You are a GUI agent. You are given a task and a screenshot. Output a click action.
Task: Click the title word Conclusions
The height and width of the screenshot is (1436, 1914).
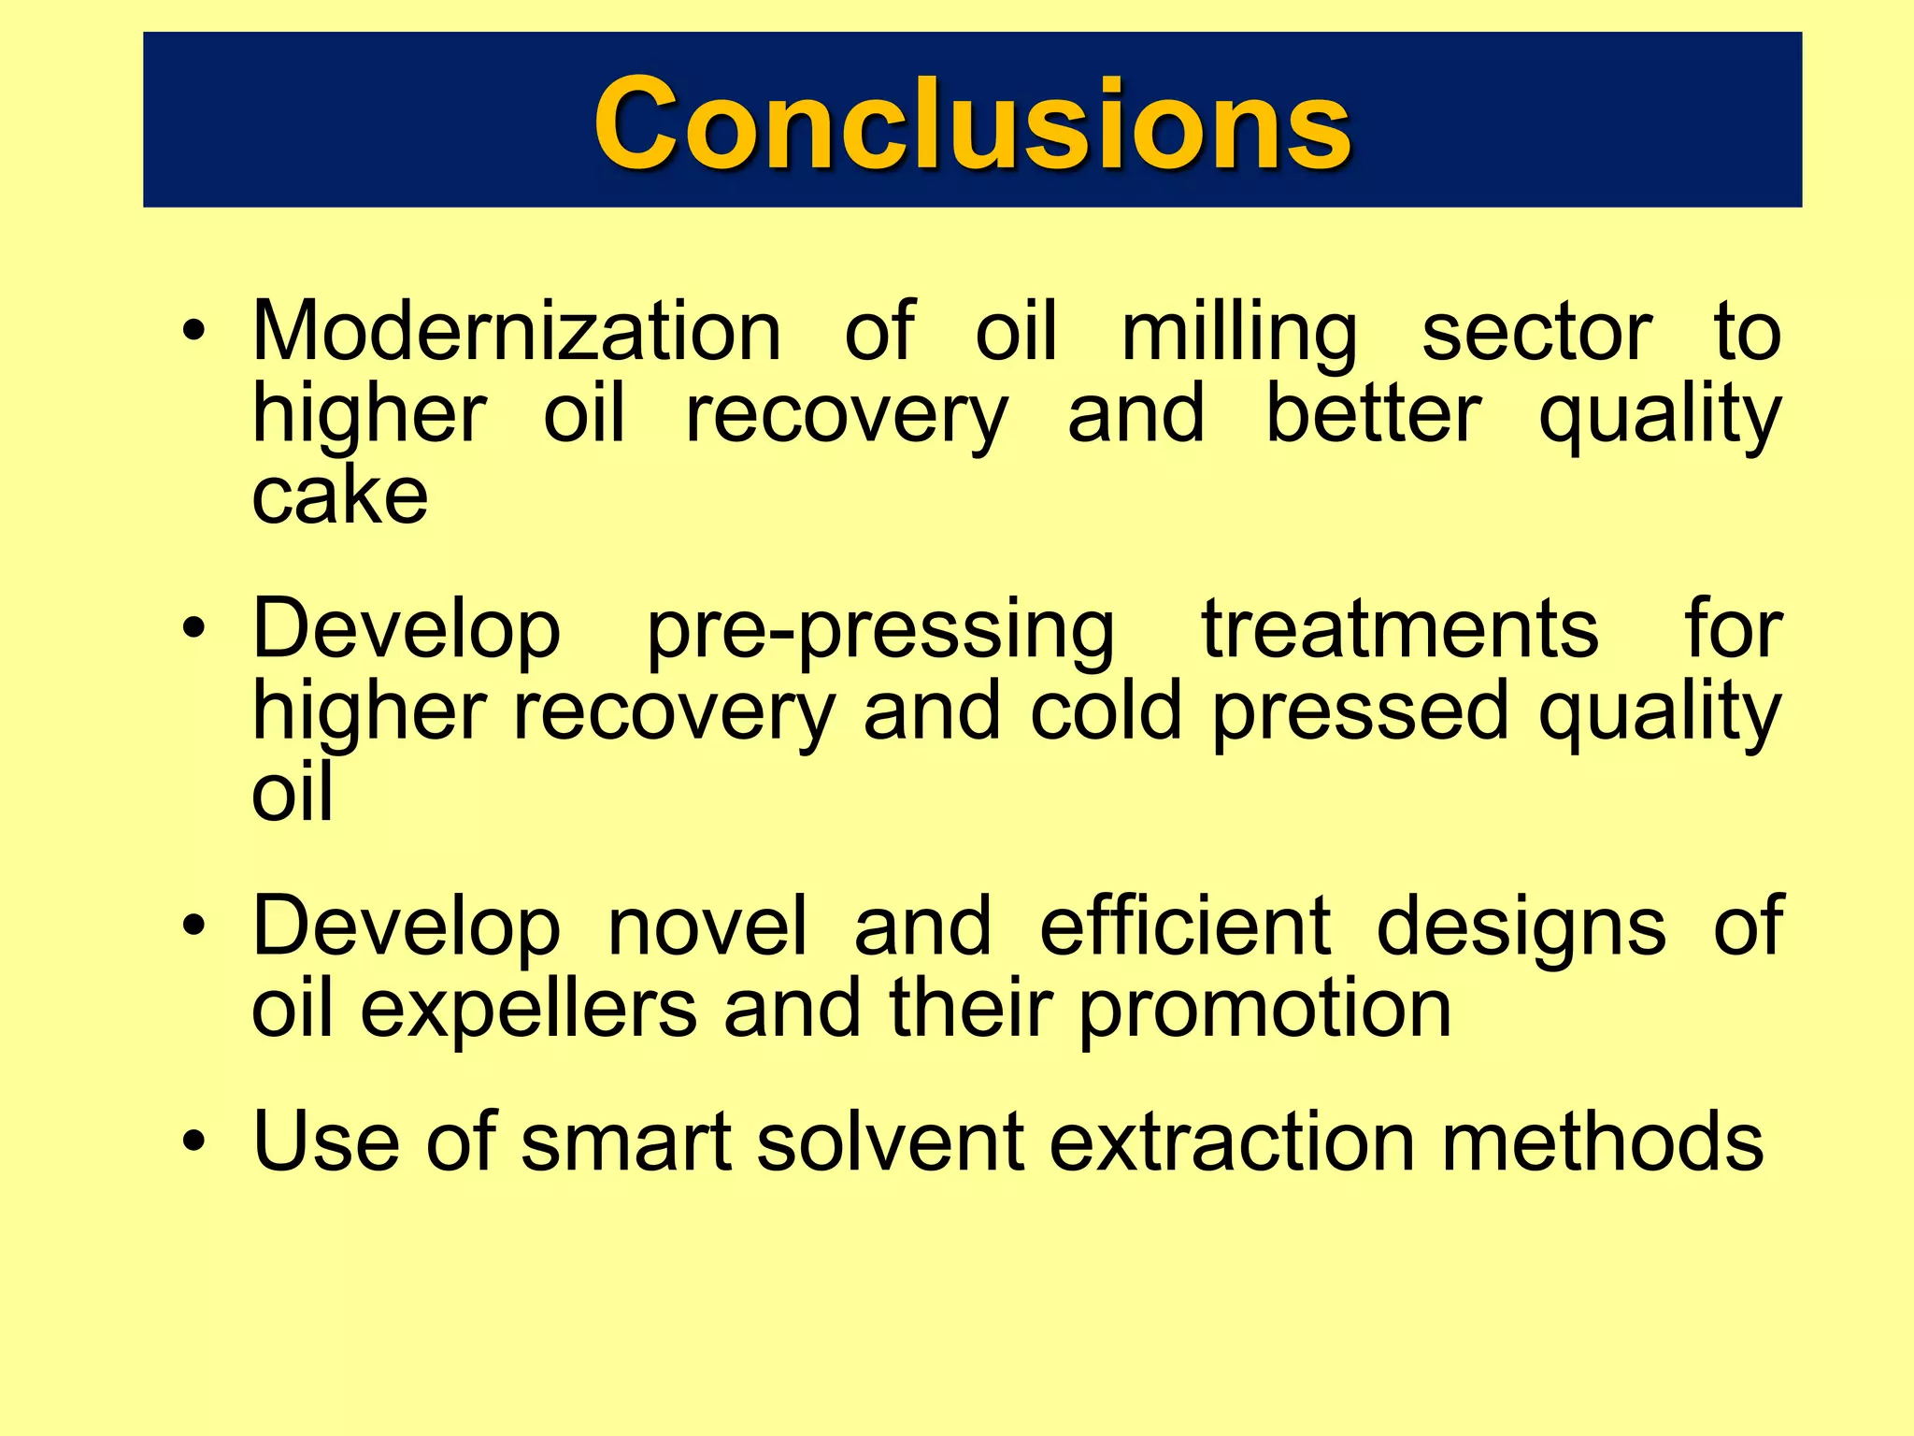click(972, 123)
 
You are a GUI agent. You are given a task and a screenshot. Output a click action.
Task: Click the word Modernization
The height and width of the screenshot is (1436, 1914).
click(517, 332)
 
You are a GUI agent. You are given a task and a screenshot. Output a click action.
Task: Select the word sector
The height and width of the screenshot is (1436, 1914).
click(1536, 332)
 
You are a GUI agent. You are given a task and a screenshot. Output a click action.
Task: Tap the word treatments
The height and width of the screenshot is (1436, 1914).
click(1399, 629)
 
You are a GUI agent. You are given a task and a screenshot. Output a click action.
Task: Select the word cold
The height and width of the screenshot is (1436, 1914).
click(1107, 711)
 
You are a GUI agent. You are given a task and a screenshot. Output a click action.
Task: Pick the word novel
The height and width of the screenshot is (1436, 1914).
click(707, 926)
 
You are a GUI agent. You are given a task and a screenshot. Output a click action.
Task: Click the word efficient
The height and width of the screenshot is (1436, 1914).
click(1185, 926)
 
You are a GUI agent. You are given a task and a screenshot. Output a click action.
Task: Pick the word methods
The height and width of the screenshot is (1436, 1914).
click(1602, 1142)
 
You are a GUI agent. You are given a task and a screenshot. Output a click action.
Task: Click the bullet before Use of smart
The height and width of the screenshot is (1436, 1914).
click(193, 1142)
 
